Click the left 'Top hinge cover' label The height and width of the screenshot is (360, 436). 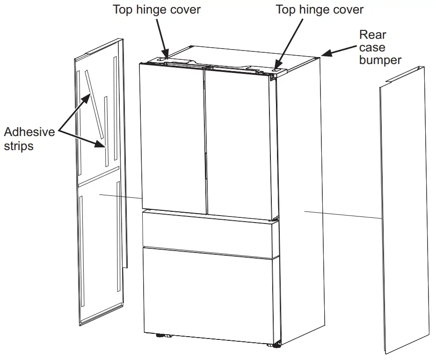(x=157, y=9)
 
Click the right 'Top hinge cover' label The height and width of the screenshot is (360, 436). (x=320, y=9)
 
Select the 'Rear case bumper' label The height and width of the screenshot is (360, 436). (x=380, y=47)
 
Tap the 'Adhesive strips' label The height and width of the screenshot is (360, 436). (x=29, y=139)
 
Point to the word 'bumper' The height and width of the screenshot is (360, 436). (x=380, y=60)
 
